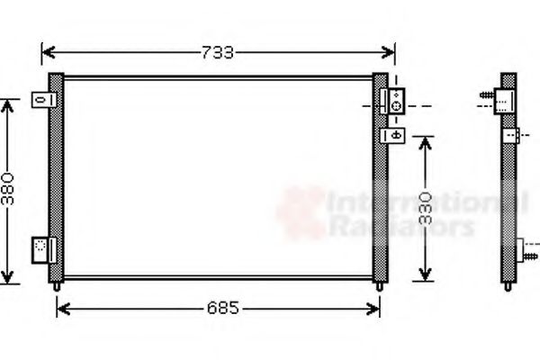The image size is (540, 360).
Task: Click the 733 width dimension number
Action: pyautogui.click(x=217, y=51)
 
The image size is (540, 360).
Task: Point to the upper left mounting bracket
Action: pyautogui.click(x=40, y=98)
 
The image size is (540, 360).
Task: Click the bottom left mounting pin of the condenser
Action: pyautogui.click(x=58, y=286)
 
